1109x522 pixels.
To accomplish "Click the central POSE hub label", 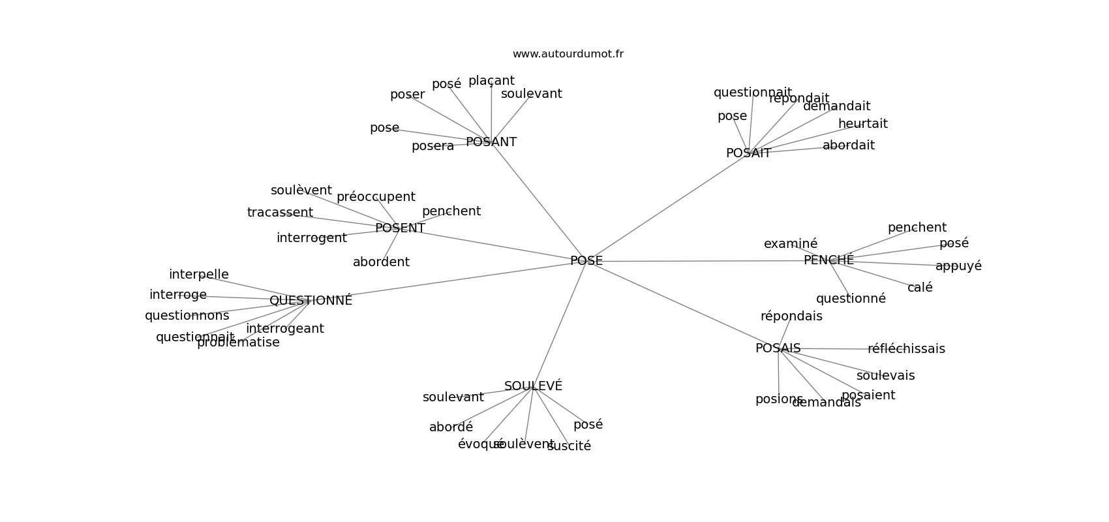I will coord(586,261).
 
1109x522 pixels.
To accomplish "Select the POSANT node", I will coord(491,142).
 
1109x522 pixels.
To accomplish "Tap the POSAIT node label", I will coord(748,153).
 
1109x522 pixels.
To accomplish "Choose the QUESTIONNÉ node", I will coord(311,301).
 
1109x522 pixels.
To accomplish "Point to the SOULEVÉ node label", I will coord(533,386).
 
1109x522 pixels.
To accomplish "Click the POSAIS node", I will coord(778,348).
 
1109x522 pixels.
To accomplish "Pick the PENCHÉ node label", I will coord(828,260).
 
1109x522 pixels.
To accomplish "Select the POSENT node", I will coord(400,228).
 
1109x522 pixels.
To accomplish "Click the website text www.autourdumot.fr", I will coord(568,54).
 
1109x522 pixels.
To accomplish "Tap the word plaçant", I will coord(491,81).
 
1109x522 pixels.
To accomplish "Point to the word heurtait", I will coord(862,124).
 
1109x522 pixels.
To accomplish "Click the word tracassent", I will coord(280,213).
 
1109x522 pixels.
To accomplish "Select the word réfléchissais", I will coord(906,349).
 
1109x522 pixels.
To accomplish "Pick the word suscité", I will coord(569,446).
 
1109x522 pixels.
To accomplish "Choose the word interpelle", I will coord(198,275).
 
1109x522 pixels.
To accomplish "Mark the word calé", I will coord(920,288).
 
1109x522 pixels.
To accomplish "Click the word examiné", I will coord(790,244).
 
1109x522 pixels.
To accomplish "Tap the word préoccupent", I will coord(376,197).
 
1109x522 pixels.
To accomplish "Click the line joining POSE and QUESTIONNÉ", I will coord(450,281).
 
